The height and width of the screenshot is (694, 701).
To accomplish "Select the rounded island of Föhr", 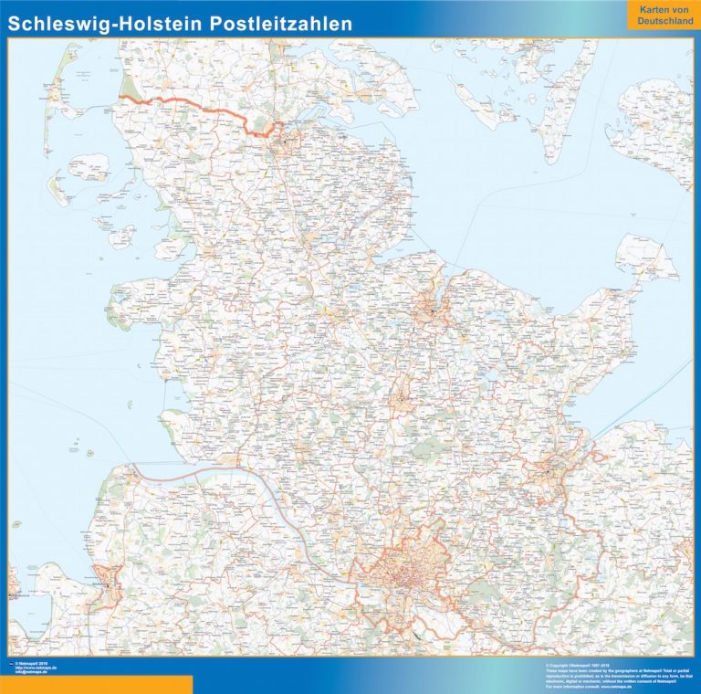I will pos(89,167).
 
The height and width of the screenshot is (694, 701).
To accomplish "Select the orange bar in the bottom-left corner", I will pos(96,684).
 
